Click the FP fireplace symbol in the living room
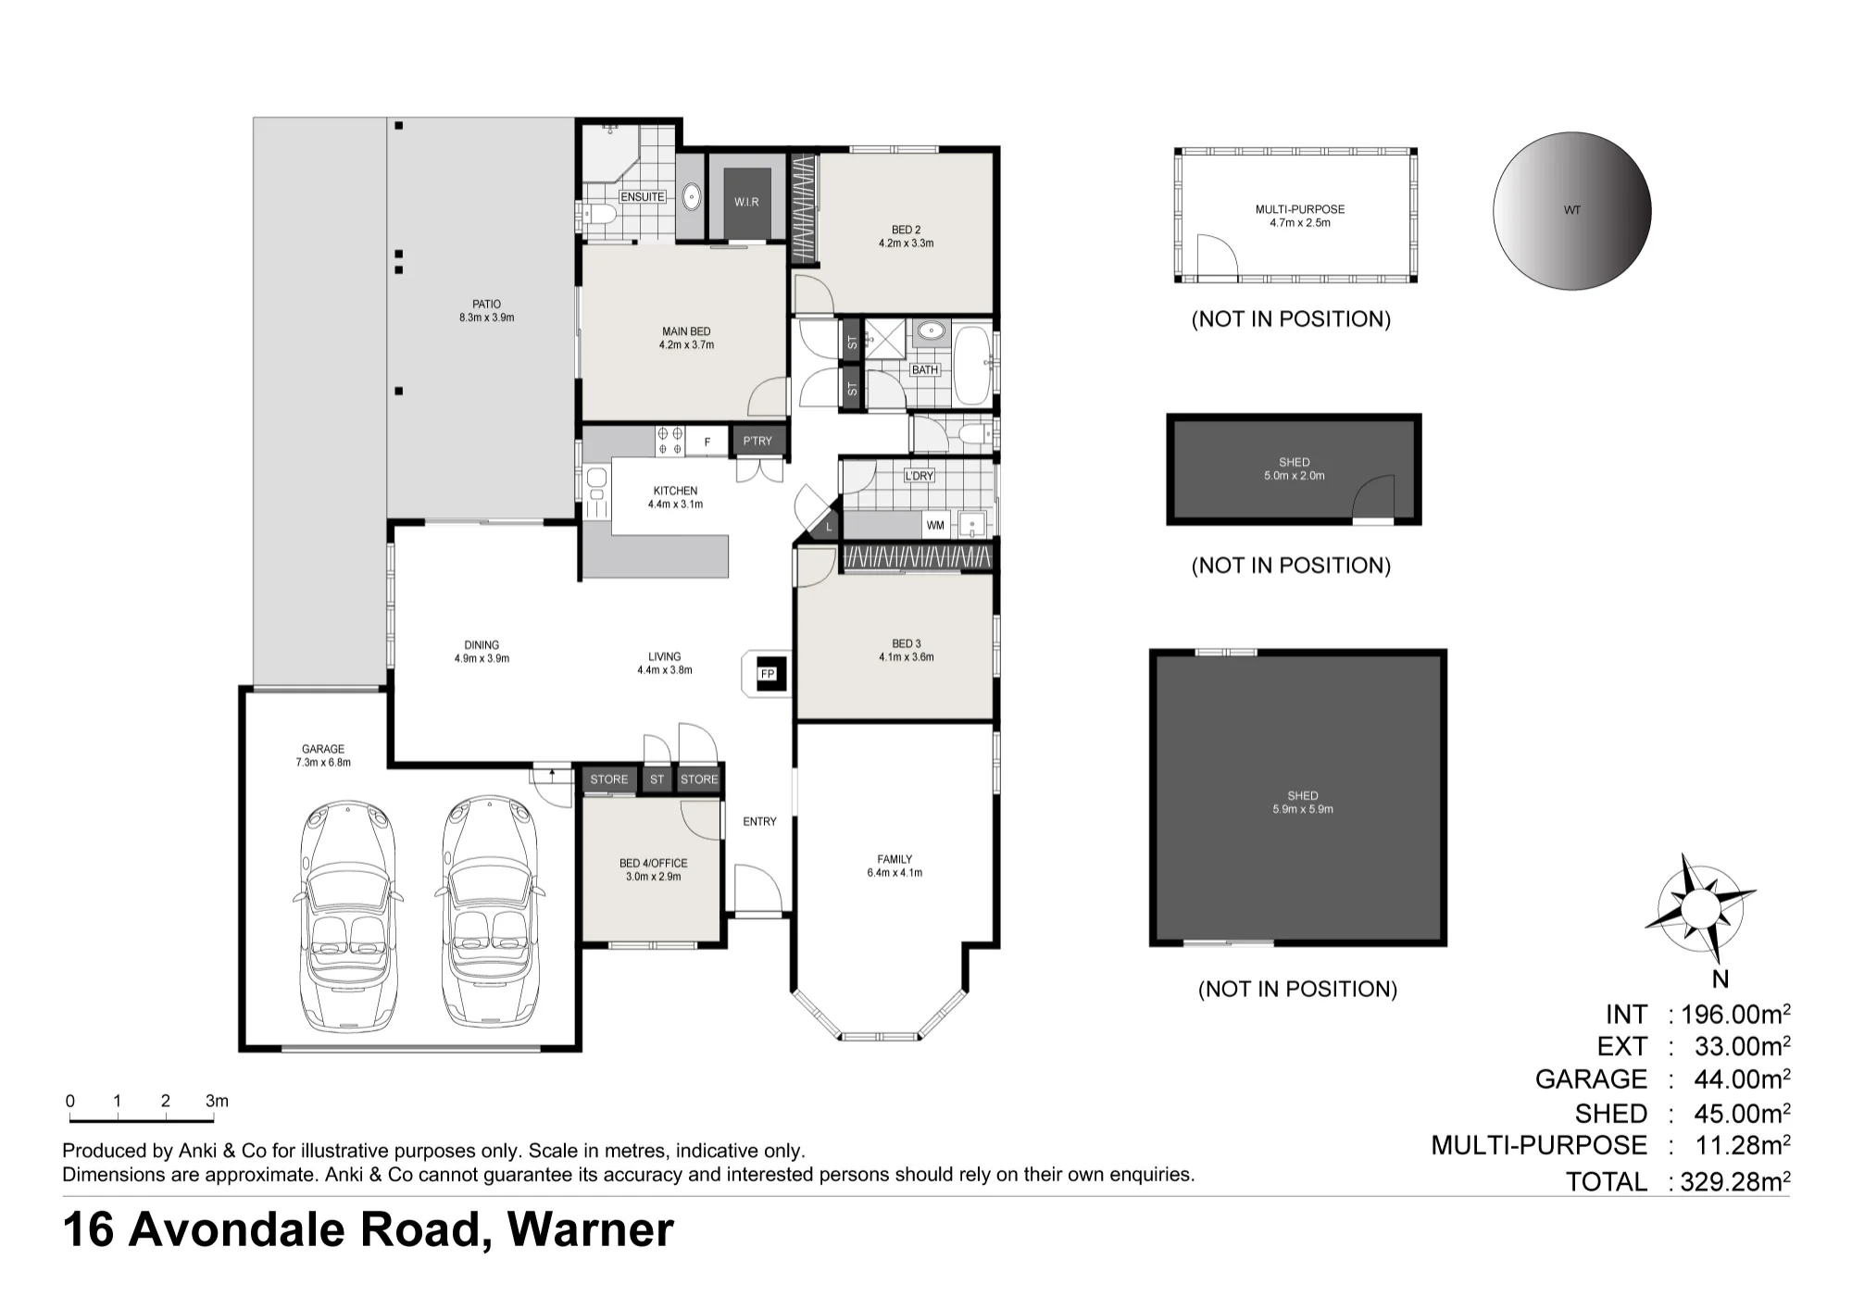click(x=768, y=673)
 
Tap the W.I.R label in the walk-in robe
click(x=746, y=202)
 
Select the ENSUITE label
click(x=642, y=196)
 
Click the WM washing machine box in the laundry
click(x=935, y=525)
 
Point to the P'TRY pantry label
click(x=757, y=441)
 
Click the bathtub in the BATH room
click(x=971, y=365)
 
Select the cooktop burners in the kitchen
click(x=669, y=441)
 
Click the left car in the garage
click(x=348, y=916)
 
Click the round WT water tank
click(x=1572, y=211)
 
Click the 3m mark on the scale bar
click(x=217, y=1101)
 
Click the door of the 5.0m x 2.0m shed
click(x=1374, y=500)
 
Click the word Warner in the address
click(x=591, y=1230)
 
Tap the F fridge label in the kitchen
click(x=707, y=443)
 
